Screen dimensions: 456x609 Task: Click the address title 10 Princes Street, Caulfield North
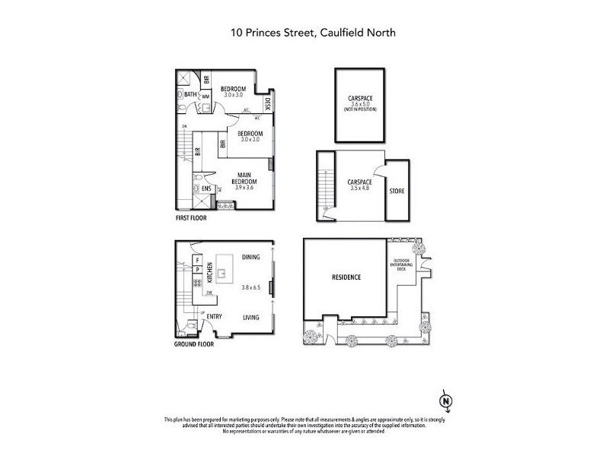pyautogui.click(x=304, y=33)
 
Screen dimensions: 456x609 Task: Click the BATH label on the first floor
pyautogui.click(x=190, y=95)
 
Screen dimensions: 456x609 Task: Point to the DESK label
pyautogui.click(x=267, y=103)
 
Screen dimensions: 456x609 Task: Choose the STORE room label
pyautogui.click(x=397, y=191)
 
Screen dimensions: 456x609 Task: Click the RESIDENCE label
pyautogui.click(x=346, y=277)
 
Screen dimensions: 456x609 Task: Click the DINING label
pyautogui.click(x=250, y=258)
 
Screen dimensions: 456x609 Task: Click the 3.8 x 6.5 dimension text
pyautogui.click(x=250, y=287)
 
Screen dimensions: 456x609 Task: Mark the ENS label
pyautogui.click(x=206, y=188)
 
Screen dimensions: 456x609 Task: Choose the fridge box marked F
pyautogui.click(x=197, y=259)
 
